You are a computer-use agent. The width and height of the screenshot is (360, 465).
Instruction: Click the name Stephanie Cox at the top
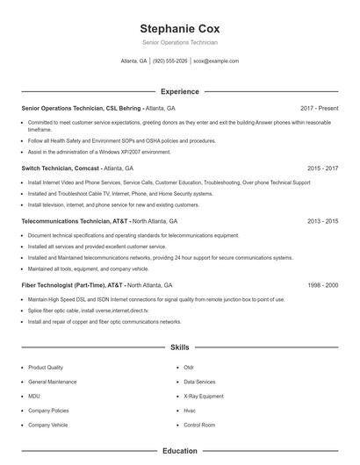tap(179, 28)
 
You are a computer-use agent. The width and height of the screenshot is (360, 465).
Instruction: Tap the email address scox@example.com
tap(216, 61)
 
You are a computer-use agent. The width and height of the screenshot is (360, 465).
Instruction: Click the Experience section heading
tap(179, 91)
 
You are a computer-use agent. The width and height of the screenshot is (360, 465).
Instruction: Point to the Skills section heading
tap(179, 347)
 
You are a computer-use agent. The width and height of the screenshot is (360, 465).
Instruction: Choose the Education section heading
tap(179, 451)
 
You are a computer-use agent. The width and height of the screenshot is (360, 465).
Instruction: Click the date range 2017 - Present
tap(319, 108)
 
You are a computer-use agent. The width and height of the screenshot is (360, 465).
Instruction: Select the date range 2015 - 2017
tap(322, 168)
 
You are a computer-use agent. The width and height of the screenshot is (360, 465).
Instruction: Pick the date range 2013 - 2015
tap(322, 221)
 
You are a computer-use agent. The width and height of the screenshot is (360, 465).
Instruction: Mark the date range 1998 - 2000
tap(322, 285)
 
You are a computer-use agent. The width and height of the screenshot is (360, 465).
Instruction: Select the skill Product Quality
tap(46, 368)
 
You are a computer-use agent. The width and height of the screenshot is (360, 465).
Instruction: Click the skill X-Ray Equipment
tap(203, 397)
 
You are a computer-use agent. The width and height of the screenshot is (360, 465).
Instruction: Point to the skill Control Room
tap(199, 425)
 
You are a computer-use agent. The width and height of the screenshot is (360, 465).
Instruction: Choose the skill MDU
tap(34, 397)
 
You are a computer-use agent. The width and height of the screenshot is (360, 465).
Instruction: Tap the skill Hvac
tap(190, 411)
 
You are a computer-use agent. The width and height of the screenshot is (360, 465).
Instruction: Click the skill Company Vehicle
tap(47, 425)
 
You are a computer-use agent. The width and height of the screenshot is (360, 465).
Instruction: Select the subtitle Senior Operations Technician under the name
tap(179, 42)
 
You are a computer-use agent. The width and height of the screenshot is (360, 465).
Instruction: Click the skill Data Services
tap(199, 382)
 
